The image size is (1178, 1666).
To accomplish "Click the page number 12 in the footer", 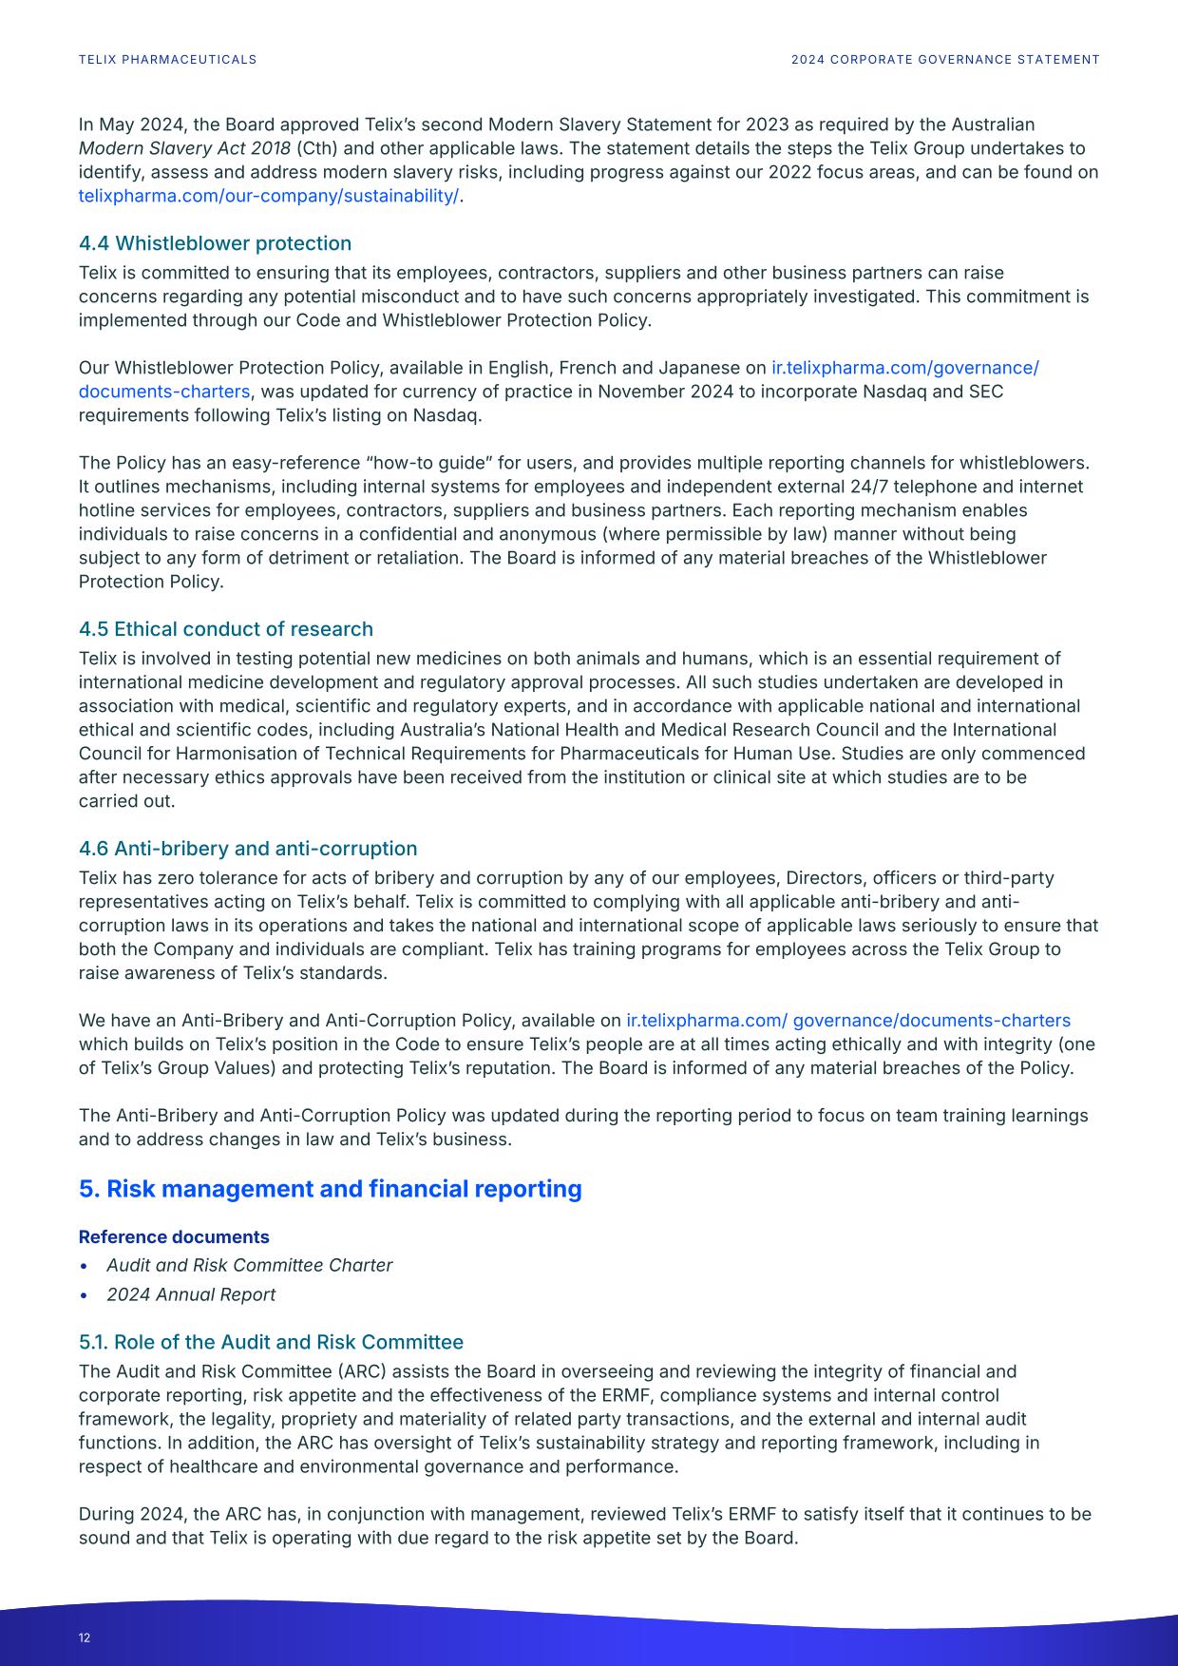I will pyautogui.click(x=85, y=1637).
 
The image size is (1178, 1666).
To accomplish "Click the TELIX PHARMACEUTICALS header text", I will pyautogui.click(x=167, y=60).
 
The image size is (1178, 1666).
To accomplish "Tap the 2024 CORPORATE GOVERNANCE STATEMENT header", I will pyautogui.click(x=945, y=60).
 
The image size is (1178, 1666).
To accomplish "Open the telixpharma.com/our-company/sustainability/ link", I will pyautogui.click(x=269, y=196).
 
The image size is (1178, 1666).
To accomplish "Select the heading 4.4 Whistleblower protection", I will pyautogui.click(x=215, y=243).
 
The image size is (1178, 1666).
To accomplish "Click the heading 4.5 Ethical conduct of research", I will pyautogui.click(x=226, y=629).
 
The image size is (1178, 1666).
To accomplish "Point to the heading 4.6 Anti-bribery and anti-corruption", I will pyautogui.click(x=248, y=849).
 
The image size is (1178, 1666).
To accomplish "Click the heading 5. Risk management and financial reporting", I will pyautogui.click(x=330, y=1189).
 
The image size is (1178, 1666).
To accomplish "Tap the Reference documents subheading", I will pyautogui.click(x=174, y=1236).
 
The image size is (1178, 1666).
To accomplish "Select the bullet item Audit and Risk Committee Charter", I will pyautogui.click(x=249, y=1265).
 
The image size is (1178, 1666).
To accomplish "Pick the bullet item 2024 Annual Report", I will pyautogui.click(x=191, y=1294).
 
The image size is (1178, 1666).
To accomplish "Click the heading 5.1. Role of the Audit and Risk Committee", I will pyautogui.click(x=271, y=1342).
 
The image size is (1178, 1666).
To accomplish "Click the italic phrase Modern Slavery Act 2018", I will pyautogui.click(x=184, y=148).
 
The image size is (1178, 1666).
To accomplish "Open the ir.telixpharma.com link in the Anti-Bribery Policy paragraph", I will pyautogui.click(x=847, y=1020).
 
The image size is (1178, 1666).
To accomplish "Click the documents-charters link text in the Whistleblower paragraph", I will pyautogui.click(x=164, y=392).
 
